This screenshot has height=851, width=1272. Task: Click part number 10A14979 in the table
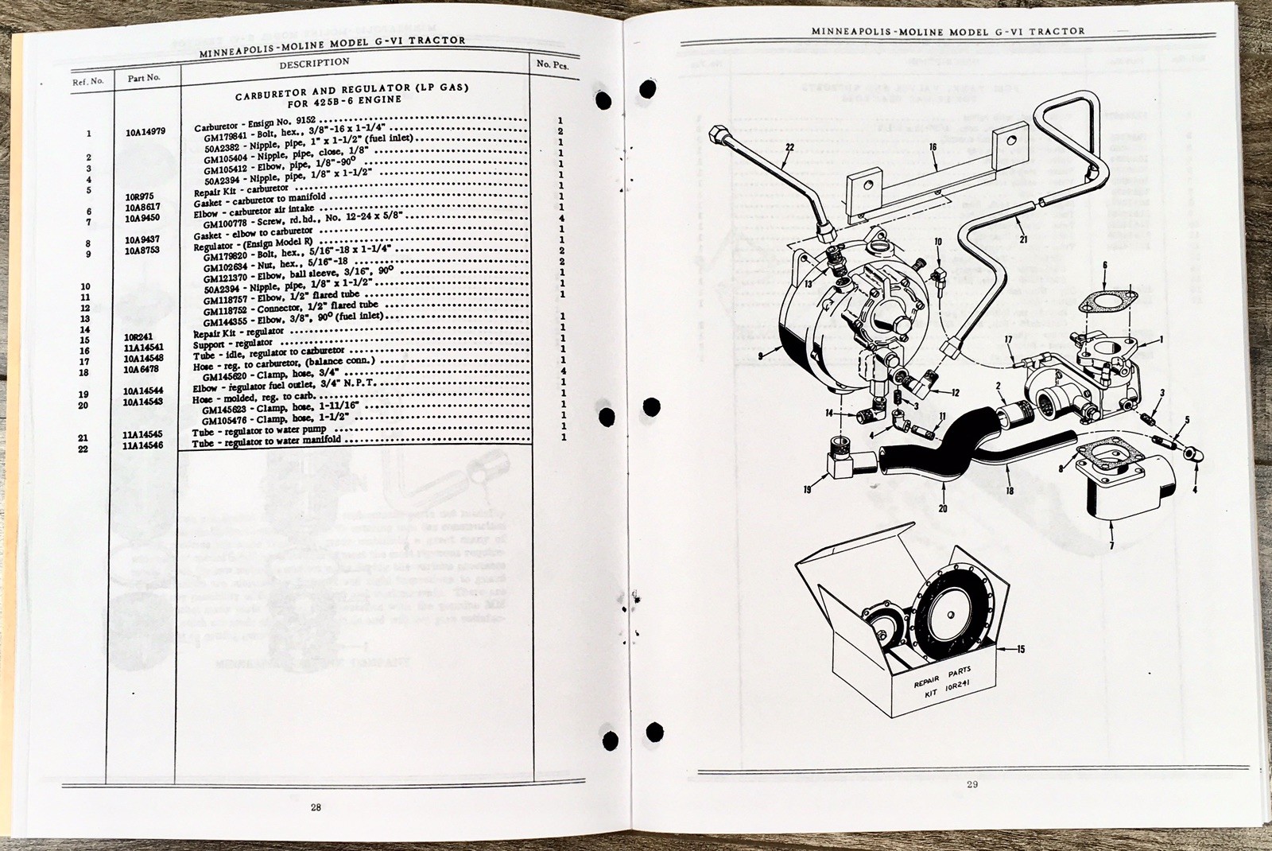point(145,133)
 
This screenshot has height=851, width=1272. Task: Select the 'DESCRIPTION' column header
point(314,62)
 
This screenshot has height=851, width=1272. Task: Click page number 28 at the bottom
point(316,808)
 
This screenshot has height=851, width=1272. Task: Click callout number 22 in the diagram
point(789,146)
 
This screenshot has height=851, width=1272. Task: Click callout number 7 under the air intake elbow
point(1111,546)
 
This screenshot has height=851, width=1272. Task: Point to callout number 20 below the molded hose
point(943,507)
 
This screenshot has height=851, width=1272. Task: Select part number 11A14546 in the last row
point(145,449)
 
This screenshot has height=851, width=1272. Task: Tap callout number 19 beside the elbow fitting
point(808,491)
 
